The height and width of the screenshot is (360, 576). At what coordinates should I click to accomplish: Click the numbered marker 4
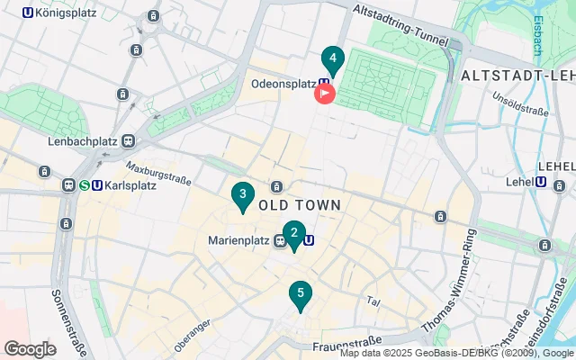tap(333, 60)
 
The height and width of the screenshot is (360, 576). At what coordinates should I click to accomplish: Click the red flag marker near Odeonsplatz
tap(323, 92)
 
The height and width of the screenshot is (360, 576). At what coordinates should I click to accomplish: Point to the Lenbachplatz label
tap(85, 141)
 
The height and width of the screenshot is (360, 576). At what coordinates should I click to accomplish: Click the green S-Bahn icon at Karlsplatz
tap(84, 185)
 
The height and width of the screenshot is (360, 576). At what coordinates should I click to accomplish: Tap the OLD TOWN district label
tap(300, 205)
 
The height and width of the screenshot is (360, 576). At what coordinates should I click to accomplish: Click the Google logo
tap(30, 349)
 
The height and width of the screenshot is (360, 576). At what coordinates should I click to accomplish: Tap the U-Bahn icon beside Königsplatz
tap(27, 13)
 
